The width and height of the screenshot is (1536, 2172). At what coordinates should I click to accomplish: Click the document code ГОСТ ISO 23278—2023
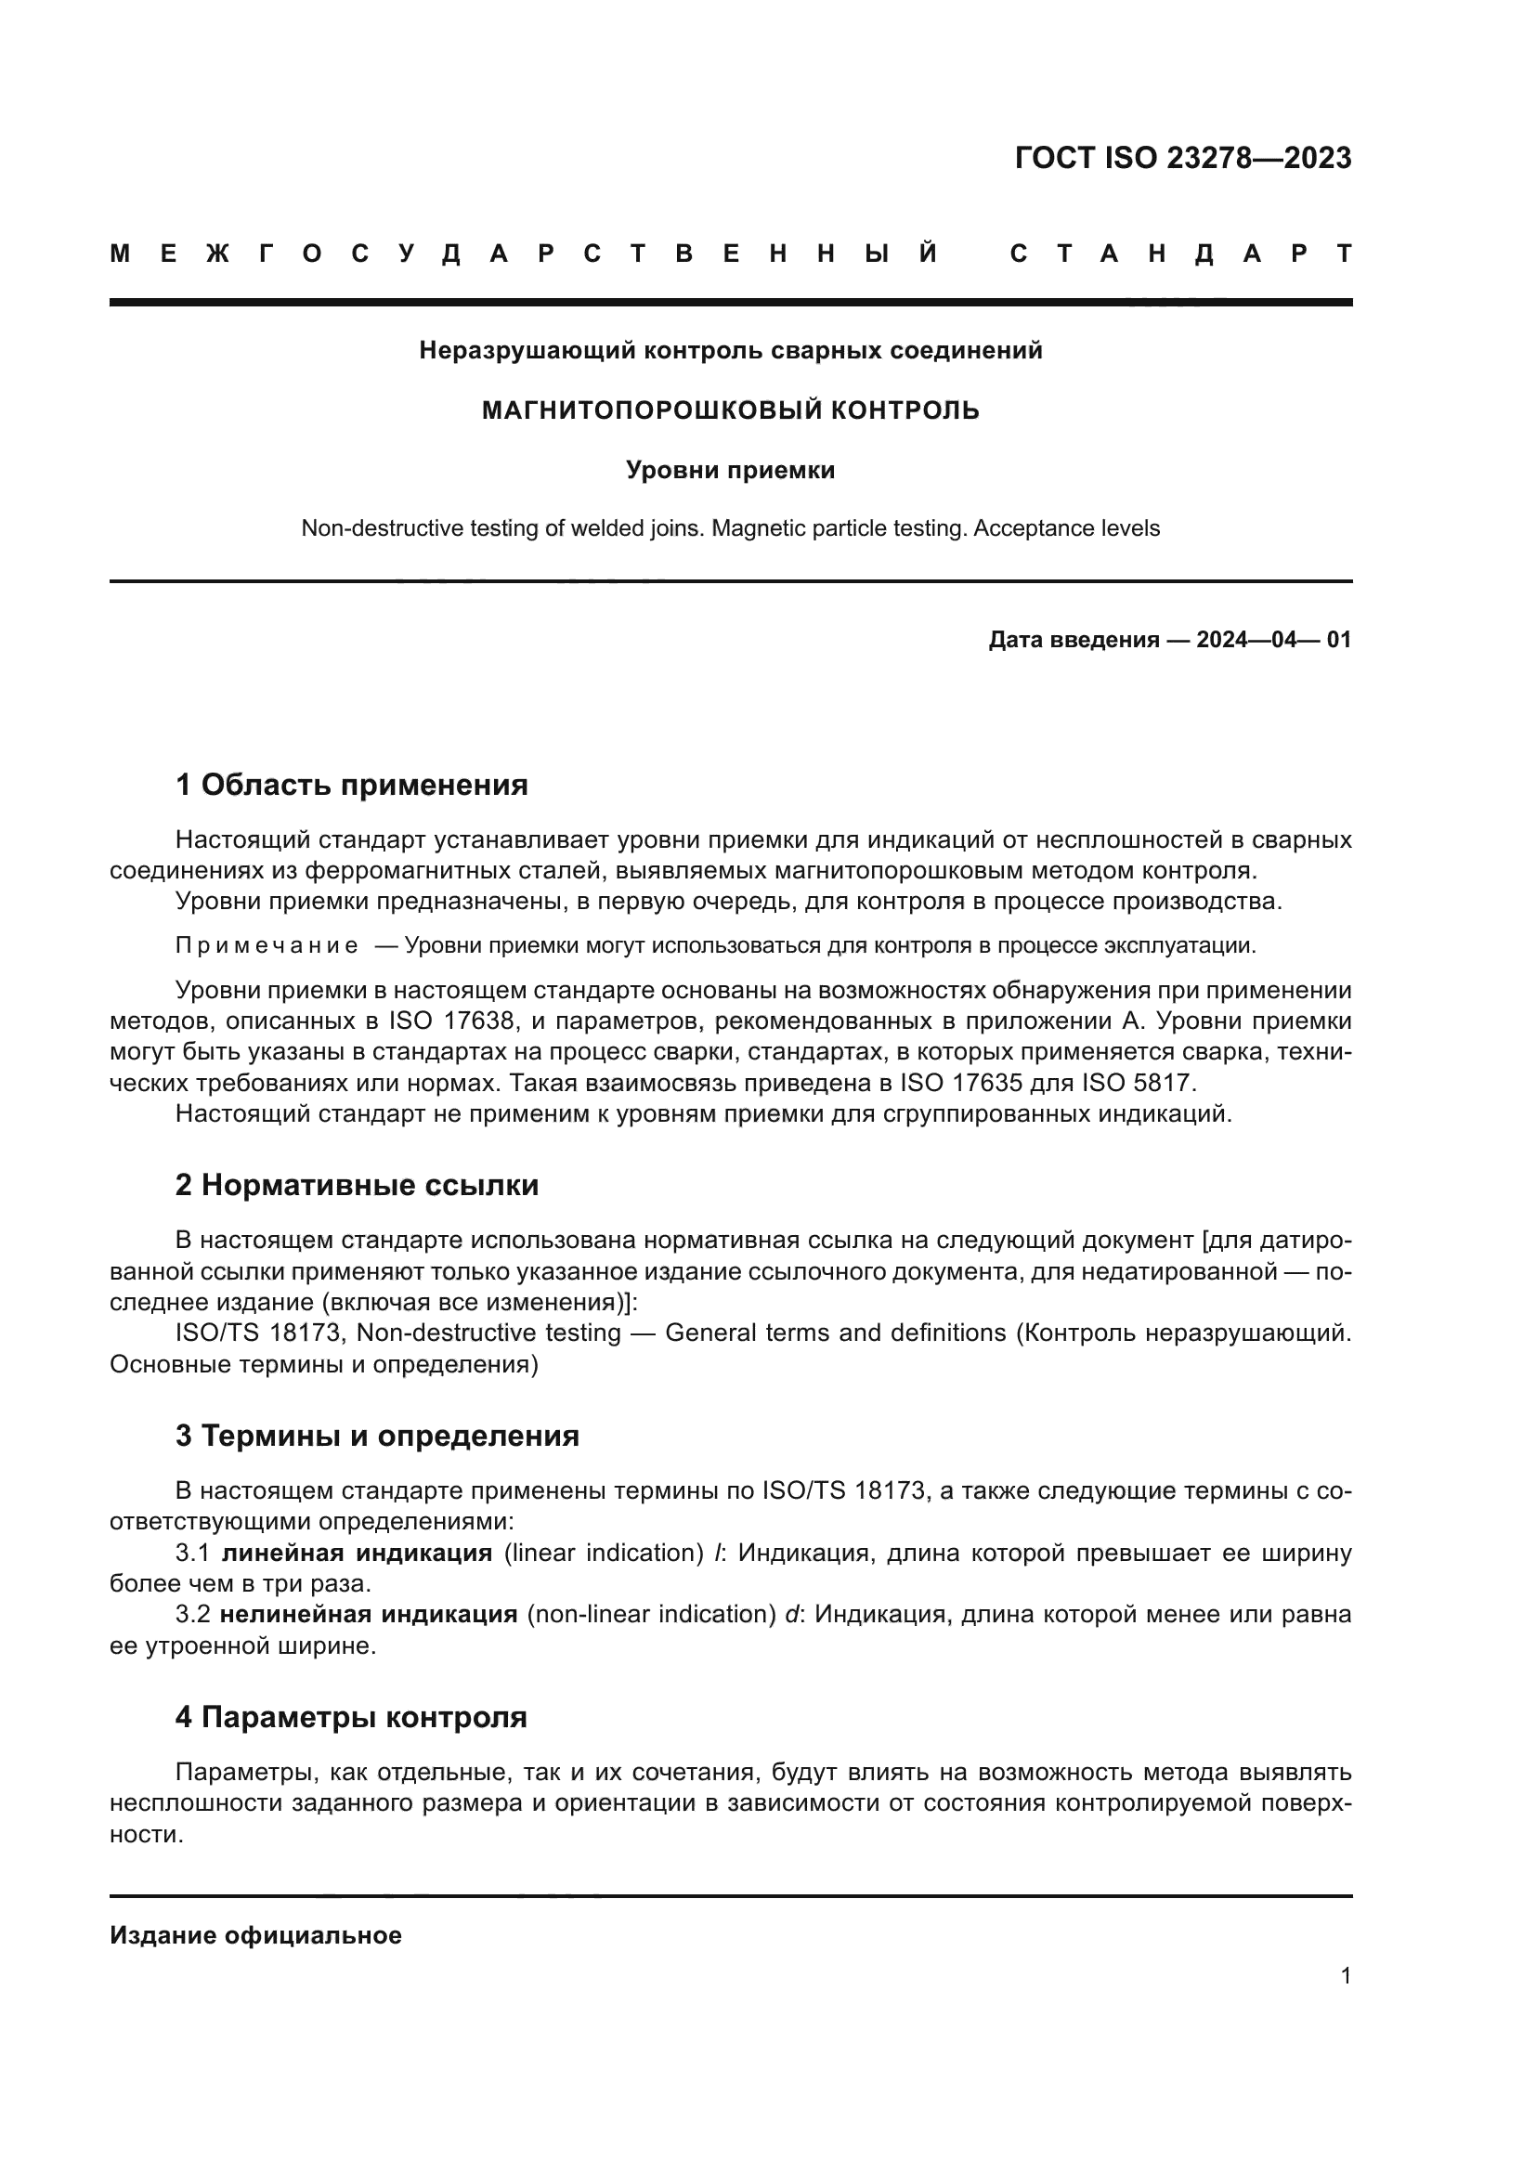click(1182, 158)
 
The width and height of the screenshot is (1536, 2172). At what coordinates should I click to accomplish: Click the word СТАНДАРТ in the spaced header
click(1181, 254)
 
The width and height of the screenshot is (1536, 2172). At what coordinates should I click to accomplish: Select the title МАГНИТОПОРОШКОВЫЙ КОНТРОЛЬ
click(730, 410)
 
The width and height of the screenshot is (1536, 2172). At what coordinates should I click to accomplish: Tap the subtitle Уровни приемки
click(730, 470)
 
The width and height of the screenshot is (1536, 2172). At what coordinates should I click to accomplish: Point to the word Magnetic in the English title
click(754, 527)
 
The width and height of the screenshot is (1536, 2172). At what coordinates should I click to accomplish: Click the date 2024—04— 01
click(1273, 640)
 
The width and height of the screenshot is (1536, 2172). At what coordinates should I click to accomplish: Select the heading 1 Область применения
click(351, 785)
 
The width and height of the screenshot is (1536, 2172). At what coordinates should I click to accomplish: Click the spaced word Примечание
click(267, 945)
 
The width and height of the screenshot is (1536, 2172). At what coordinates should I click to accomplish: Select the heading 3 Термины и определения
click(376, 1435)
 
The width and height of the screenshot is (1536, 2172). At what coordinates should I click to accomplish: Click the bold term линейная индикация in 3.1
click(357, 1553)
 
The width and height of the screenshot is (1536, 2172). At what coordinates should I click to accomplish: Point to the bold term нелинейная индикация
click(369, 1614)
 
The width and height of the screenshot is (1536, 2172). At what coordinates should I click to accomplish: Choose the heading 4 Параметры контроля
click(351, 1717)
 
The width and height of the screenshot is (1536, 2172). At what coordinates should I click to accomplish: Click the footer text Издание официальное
click(255, 1935)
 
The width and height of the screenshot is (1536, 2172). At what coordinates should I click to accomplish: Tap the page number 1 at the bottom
click(1345, 1975)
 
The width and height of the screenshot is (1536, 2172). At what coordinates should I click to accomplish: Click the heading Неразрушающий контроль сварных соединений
click(730, 351)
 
